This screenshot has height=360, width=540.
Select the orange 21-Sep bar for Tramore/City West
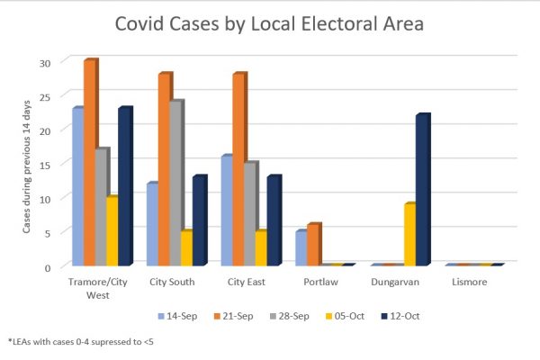tap(89, 162)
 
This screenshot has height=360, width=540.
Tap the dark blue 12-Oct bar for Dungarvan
tap(422, 189)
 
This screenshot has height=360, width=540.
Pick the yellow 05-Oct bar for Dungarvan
tap(409, 234)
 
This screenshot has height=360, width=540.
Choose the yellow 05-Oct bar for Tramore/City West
tap(112, 230)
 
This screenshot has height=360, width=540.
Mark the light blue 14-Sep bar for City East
tap(226, 211)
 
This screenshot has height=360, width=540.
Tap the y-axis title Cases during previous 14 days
tap(27, 164)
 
